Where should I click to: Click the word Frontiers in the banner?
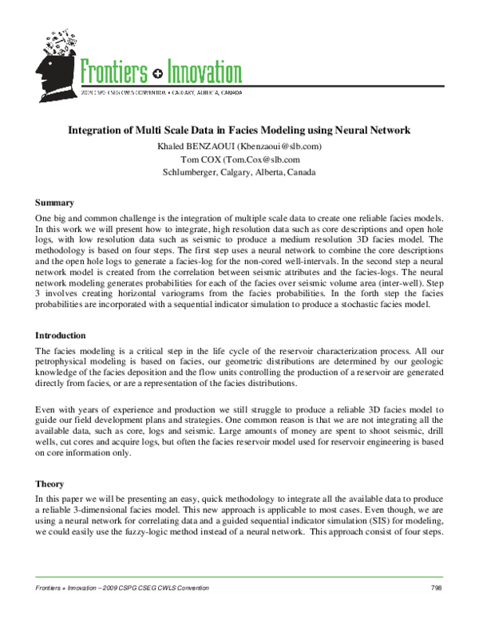(x=113, y=73)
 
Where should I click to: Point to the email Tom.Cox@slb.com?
(x=267, y=159)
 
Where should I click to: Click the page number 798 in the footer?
(x=436, y=588)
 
